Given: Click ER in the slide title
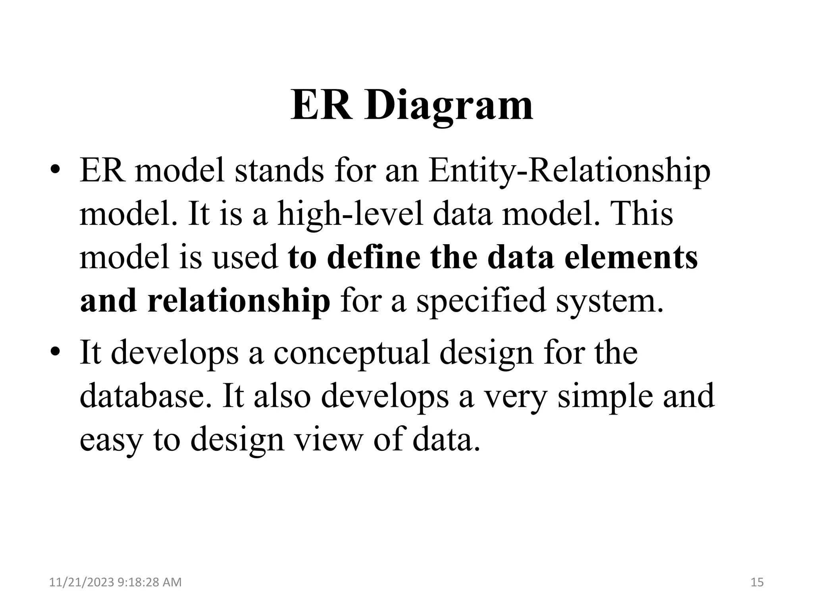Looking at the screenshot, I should (x=321, y=106).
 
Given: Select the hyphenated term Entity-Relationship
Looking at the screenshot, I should (x=569, y=172).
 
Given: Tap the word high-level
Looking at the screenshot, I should (x=350, y=214).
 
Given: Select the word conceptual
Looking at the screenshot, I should (x=351, y=353).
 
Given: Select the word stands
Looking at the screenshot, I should (x=279, y=172).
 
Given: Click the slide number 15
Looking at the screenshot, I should (x=757, y=582).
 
